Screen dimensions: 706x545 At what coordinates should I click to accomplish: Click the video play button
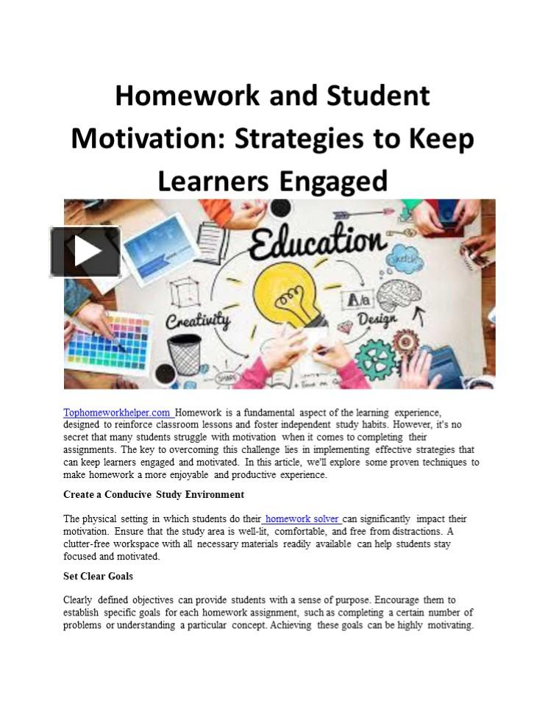85,252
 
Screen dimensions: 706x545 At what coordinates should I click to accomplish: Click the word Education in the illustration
316,242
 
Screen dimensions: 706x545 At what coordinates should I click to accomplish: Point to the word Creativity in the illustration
198,320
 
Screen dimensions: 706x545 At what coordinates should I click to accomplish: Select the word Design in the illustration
377,319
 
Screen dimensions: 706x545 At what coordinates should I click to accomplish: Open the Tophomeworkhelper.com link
118,413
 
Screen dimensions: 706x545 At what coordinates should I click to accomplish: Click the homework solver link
302,518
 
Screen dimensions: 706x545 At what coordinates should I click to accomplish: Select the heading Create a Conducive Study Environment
154,494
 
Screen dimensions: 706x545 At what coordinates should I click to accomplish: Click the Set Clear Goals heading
98,576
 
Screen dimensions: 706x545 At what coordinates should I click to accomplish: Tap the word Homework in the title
185,96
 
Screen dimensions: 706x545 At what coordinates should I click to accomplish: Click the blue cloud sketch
404,259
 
